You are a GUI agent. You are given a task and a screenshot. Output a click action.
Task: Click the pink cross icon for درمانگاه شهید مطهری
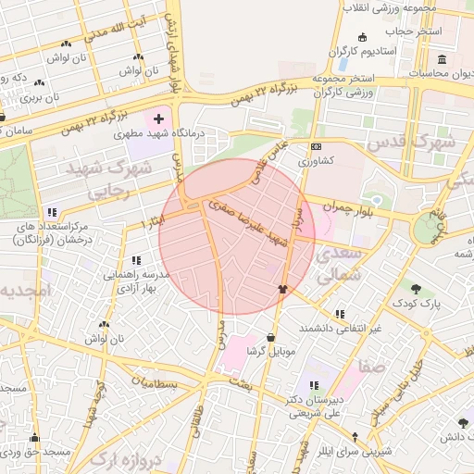pos(159,118)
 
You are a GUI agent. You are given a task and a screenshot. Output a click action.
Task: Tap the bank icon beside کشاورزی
pos(316,146)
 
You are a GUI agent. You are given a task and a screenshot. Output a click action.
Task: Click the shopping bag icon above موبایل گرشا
pos(270,337)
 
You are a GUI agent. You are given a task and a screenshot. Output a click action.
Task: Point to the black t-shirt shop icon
pos(282,288)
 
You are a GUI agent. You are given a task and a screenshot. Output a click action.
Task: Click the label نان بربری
pos(40,96)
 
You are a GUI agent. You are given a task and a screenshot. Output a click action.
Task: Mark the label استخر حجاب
pos(417,31)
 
